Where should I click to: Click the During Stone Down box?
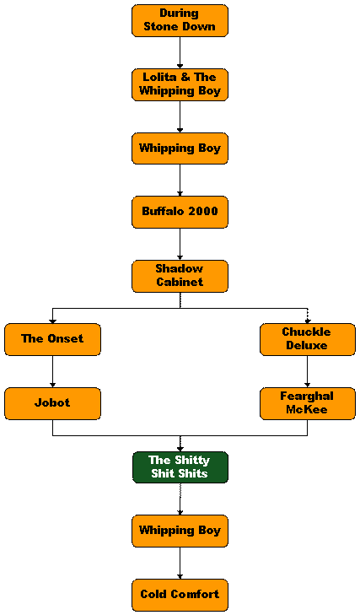click(x=180, y=21)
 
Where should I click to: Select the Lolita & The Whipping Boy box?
click(x=180, y=84)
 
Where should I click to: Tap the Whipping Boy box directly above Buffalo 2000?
click(x=180, y=148)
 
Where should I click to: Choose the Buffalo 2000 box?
click(x=180, y=213)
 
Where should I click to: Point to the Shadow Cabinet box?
click(x=180, y=276)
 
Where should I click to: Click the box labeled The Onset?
click(x=52, y=340)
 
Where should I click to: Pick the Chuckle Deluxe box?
click(x=308, y=340)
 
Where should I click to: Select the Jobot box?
click(x=52, y=403)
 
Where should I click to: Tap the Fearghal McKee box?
click(x=308, y=403)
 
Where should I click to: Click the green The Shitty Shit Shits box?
click(x=180, y=467)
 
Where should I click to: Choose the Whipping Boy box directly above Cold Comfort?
click(x=180, y=531)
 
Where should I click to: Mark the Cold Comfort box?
click(x=180, y=595)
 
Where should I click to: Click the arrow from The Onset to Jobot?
click(x=52, y=371)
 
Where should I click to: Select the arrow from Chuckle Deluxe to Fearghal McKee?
click(x=308, y=371)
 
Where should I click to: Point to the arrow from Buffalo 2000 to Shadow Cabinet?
click(x=180, y=244)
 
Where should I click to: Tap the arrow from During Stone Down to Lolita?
click(x=180, y=52)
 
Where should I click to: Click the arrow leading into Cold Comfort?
click(x=180, y=563)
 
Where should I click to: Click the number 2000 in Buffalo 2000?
click(x=202, y=211)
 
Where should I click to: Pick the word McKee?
click(x=307, y=409)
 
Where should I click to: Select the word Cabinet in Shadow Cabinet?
click(x=180, y=282)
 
